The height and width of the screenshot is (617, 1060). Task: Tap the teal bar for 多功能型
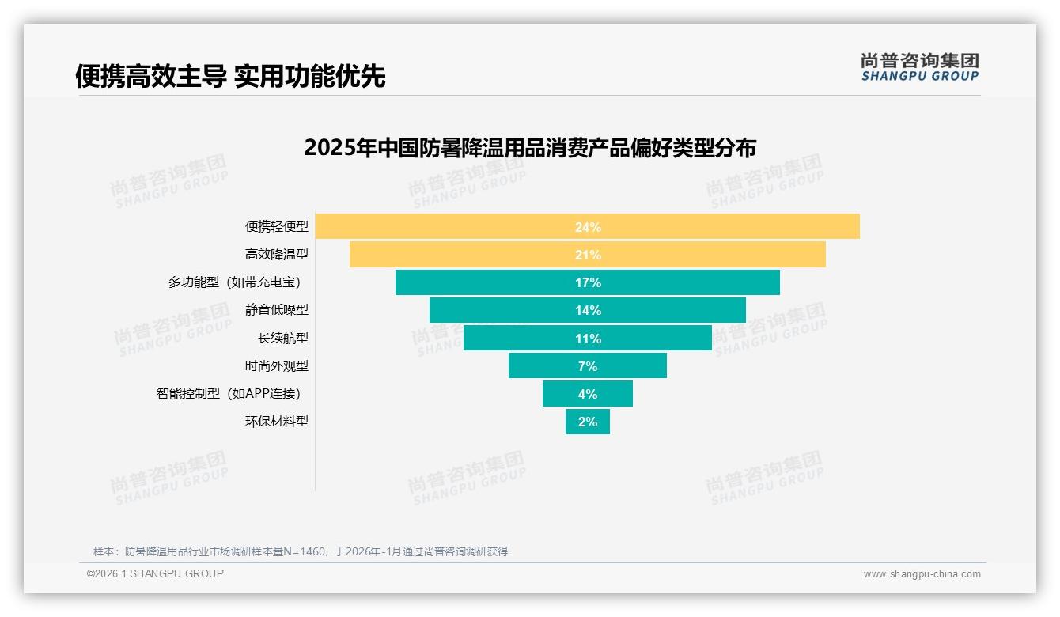pyautogui.click(x=490, y=282)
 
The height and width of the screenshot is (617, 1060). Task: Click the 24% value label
pyautogui.click(x=588, y=227)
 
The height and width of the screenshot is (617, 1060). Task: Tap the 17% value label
pyautogui.click(x=588, y=282)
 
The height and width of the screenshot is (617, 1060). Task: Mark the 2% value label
pyautogui.click(x=588, y=422)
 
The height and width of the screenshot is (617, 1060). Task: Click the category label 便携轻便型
pyautogui.click(x=276, y=227)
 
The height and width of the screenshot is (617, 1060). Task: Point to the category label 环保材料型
pyautogui.click(x=276, y=422)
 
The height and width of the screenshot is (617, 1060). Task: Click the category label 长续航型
pyautogui.click(x=282, y=339)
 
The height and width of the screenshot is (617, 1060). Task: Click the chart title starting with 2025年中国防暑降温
pyautogui.click(x=530, y=148)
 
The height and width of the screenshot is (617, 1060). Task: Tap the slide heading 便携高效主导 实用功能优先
pyautogui.click(x=230, y=76)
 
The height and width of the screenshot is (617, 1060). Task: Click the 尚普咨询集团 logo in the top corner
pyautogui.click(x=919, y=66)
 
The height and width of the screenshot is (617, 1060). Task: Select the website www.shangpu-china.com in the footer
pyautogui.click(x=922, y=574)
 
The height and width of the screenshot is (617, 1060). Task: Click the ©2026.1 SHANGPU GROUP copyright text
pyautogui.click(x=155, y=573)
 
